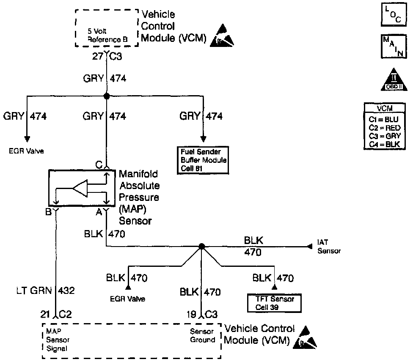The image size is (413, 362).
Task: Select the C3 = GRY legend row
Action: (x=384, y=136)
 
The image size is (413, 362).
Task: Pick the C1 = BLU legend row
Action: (x=384, y=119)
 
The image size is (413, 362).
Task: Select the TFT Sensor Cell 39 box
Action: (x=275, y=303)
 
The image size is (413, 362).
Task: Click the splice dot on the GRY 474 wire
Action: (x=107, y=96)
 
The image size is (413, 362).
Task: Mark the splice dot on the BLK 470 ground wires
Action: (x=202, y=247)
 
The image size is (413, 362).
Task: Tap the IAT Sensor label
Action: (x=328, y=247)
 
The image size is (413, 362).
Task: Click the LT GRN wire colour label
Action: (x=33, y=291)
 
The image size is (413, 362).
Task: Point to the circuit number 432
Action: (x=67, y=291)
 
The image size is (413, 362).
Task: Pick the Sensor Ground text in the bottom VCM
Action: (x=202, y=336)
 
